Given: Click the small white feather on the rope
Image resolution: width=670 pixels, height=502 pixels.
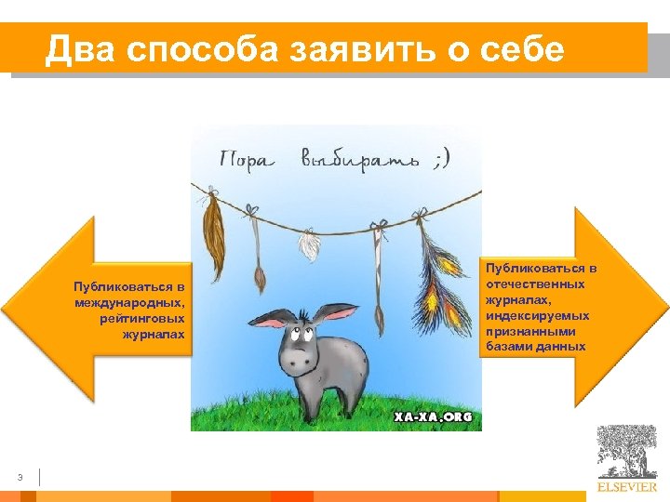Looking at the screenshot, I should point(306,245).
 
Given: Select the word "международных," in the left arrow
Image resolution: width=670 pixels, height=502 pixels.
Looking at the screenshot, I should point(133,302).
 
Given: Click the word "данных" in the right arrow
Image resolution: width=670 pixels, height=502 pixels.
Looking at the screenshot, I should point(562,347).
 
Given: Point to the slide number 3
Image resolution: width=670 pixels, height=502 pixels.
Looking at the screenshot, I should point(20,478).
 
